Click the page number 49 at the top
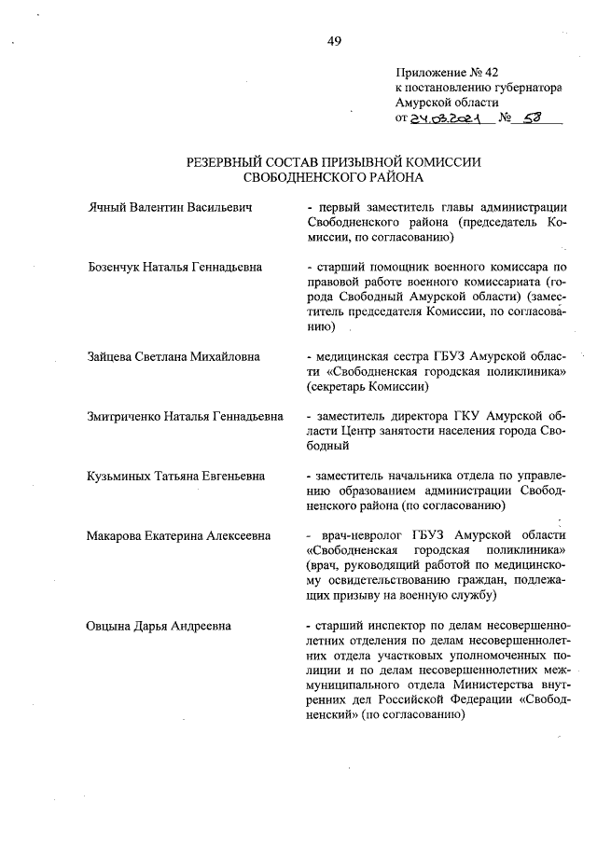[334, 39]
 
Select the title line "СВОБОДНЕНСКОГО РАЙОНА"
[333, 176]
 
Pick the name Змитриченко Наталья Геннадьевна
[185, 416]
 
